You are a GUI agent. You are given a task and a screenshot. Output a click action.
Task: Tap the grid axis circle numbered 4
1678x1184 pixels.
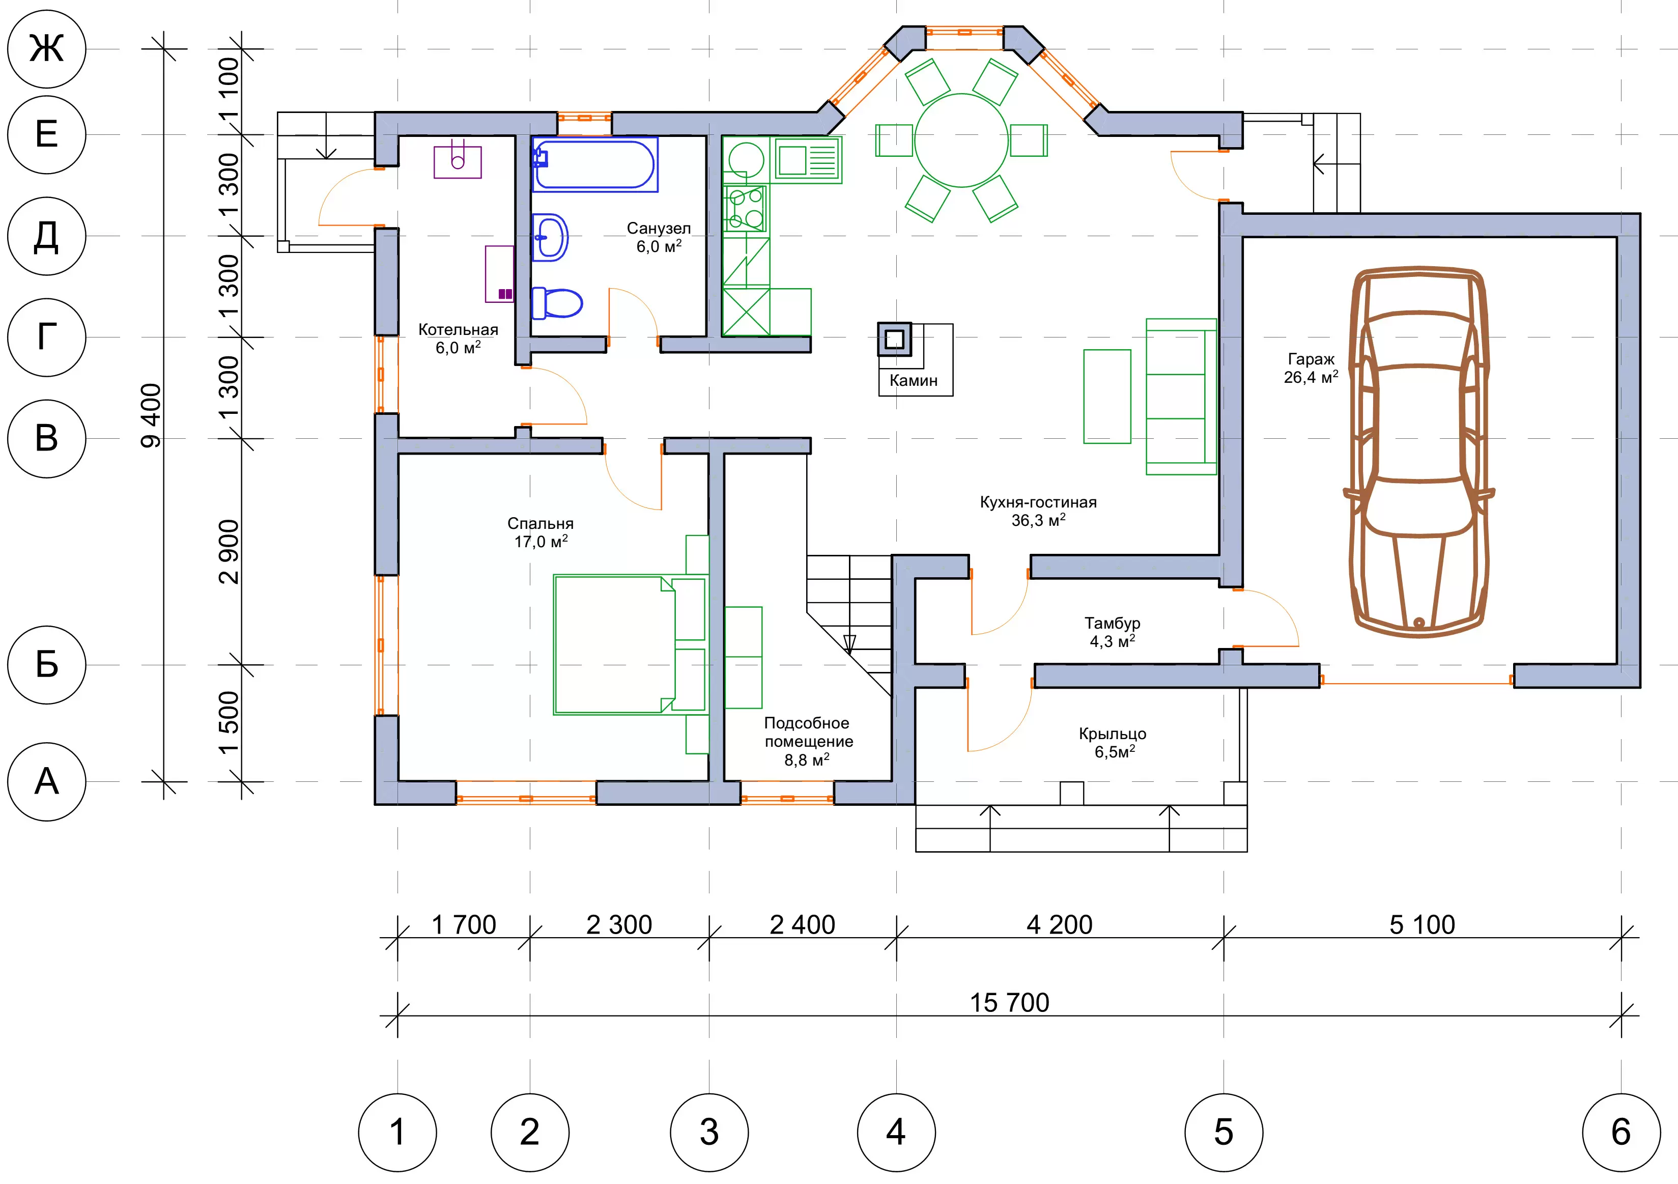pyautogui.click(x=896, y=1132)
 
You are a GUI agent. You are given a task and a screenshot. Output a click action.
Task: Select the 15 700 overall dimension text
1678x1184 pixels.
pyautogui.click(x=1009, y=1003)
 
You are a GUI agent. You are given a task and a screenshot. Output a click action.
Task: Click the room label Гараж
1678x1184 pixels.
pyautogui.click(x=1311, y=359)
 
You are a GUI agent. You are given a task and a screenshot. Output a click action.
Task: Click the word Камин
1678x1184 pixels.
pyautogui.click(x=914, y=380)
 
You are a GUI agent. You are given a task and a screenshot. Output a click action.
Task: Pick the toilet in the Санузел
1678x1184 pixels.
pyautogui.click(x=557, y=302)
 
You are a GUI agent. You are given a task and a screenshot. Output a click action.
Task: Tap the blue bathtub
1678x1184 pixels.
pyautogui.click(x=594, y=164)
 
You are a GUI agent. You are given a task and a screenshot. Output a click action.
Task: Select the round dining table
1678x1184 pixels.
pyautogui.click(x=962, y=140)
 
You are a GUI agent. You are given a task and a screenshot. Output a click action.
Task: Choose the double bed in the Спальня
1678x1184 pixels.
pyautogui.click(x=629, y=644)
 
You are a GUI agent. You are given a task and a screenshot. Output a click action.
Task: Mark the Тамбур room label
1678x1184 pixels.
pyautogui.click(x=1113, y=623)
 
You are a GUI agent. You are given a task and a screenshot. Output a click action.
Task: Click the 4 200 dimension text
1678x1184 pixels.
pyautogui.click(x=1060, y=924)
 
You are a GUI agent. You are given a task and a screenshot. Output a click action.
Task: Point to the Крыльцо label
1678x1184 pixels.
pyautogui.click(x=1113, y=734)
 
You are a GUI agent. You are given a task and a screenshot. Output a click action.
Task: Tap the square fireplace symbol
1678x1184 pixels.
pyautogui.click(x=895, y=339)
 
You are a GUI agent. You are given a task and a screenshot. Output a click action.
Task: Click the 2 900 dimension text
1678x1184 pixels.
pyautogui.click(x=229, y=552)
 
